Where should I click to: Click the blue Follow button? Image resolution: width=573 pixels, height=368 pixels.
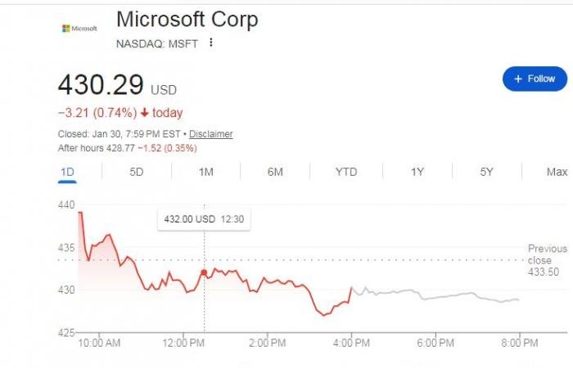pyautogui.click(x=535, y=79)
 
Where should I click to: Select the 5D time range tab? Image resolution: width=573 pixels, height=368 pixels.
pyautogui.click(x=137, y=172)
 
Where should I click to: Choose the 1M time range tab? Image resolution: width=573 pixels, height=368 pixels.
pyautogui.click(x=206, y=172)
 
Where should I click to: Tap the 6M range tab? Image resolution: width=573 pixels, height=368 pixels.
pyautogui.click(x=275, y=172)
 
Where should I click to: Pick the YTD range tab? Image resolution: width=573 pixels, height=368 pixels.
pyautogui.click(x=346, y=172)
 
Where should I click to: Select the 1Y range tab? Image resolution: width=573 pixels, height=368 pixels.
pyautogui.click(x=417, y=172)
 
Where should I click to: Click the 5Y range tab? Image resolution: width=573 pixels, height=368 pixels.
pyautogui.click(x=487, y=172)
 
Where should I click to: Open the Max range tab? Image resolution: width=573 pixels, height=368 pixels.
pyautogui.click(x=557, y=172)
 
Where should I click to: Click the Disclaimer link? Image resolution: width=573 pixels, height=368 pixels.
pyautogui.click(x=211, y=134)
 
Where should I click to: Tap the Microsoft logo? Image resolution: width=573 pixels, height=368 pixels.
pyautogui.click(x=79, y=28)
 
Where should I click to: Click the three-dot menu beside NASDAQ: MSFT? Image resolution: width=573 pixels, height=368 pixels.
pyautogui.click(x=210, y=43)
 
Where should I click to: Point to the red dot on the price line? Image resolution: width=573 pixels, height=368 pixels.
pyautogui.click(x=204, y=272)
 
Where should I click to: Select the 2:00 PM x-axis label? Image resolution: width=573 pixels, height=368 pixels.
pyautogui.click(x=267, y=343)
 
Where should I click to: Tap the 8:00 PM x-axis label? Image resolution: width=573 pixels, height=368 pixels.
pyautogui.click(x=519, y=343)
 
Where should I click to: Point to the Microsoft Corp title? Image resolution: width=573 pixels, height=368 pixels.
pyautogui.click(x=187, y=20)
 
